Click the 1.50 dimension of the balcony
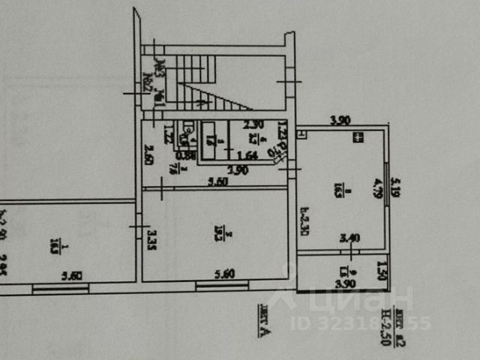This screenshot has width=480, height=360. (382, 268)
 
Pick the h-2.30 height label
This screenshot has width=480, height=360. (305, 221)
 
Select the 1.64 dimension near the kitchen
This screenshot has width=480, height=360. (247, 156)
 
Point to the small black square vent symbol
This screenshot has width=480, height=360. (358, 137)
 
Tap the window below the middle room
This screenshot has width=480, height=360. (222, 285)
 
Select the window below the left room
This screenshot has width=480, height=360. (60, 288)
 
